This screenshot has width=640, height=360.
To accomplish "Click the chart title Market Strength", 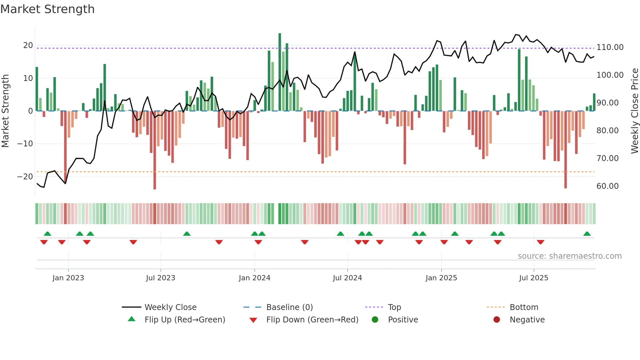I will pos(47,9).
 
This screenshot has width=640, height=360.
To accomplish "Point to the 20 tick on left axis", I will pos(28,45).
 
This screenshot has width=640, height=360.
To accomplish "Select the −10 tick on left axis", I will pos(25,144).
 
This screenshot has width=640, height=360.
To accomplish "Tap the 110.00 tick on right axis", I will pos(610,47).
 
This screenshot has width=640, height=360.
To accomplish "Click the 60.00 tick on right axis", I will pos(607,186).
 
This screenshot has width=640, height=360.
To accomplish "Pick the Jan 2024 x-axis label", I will pos(254,278).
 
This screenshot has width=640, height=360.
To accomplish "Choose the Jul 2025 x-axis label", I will pos(534,278).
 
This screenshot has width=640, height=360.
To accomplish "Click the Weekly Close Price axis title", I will pos(634,111).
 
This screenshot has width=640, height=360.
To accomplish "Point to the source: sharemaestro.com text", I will pos(569,256).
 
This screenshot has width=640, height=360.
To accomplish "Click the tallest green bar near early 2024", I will pos(280,72).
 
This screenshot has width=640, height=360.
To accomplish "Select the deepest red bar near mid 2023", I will pos(155,150).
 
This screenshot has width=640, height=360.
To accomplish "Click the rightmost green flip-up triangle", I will pos(587,234).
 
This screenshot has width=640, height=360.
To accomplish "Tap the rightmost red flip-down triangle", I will pos(540,242).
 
